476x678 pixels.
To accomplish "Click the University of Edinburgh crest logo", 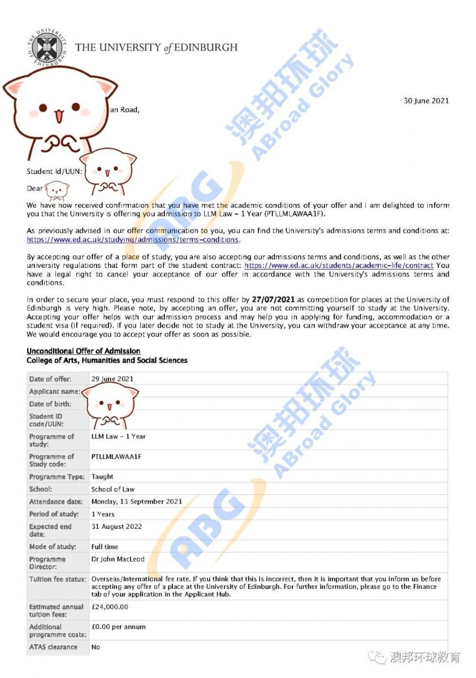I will [46, 47].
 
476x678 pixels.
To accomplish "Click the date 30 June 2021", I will [426, 101].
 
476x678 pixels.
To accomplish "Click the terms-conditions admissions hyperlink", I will [133, 240].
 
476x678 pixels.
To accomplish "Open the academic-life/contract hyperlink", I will [339, 265].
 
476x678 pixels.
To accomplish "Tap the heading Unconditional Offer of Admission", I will [84, 351].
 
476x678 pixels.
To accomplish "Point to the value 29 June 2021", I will [112, 379].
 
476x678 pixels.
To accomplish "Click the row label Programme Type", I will [57, 477].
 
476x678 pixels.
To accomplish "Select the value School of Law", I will [113, 489].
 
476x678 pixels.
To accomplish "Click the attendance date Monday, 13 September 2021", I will [137, 502].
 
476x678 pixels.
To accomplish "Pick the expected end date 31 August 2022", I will [116, 527].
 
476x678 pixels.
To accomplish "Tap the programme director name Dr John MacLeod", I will [118, 559].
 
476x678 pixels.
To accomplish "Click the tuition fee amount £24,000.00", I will [110, 607].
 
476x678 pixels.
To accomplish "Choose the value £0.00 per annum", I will [119, 627].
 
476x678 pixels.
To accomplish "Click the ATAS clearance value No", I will [96, 647].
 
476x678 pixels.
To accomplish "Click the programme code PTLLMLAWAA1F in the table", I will [116, 457].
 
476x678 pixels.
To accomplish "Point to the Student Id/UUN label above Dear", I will [54, 171].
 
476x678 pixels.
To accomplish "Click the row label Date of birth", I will [50, 404].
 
